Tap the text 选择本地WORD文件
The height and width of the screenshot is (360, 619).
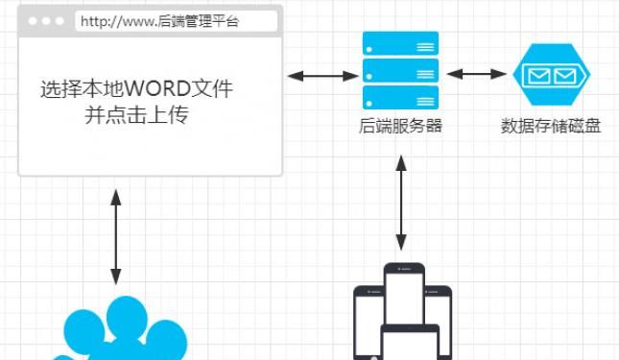(137, 90)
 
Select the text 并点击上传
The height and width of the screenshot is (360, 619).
(137, 116)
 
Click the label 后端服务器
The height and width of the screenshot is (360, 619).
(399, 126)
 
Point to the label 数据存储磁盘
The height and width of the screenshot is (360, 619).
(551, 126)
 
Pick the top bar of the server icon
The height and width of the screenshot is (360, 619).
(399, 44)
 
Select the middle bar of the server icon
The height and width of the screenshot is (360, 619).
(399, 70)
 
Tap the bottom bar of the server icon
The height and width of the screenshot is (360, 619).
(399, 96)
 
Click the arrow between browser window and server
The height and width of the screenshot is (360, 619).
(321, 75)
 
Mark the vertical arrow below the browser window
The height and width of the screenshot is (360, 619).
(116, 236)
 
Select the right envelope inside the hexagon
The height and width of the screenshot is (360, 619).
(565, 74)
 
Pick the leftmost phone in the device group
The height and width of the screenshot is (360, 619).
(369, 322)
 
